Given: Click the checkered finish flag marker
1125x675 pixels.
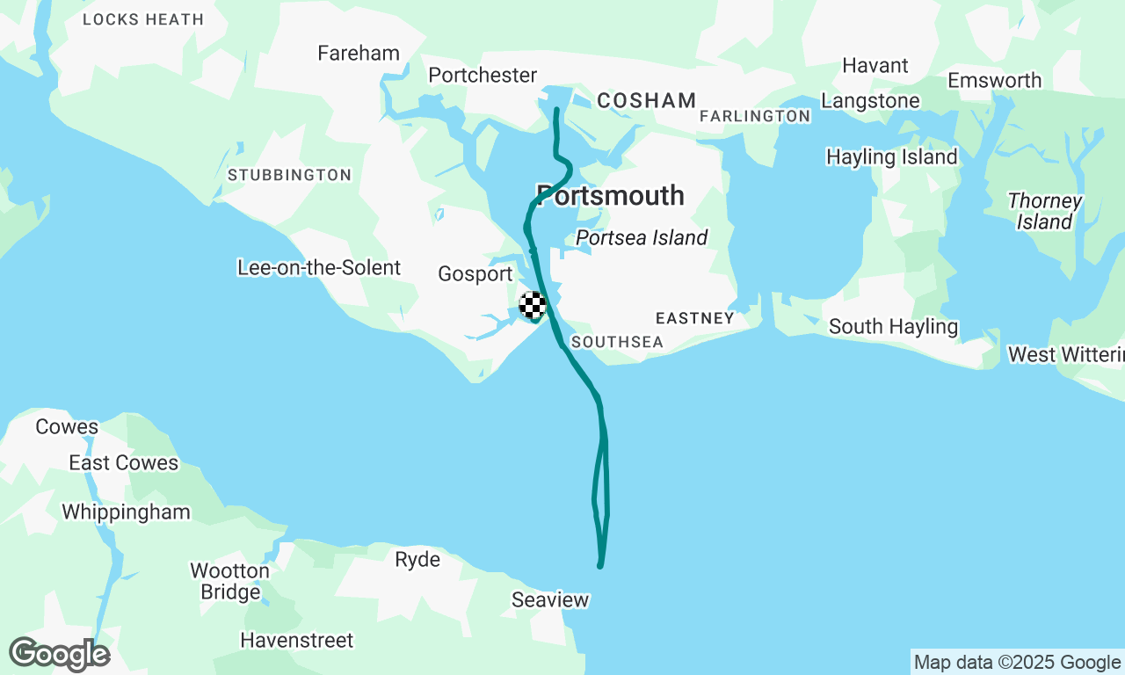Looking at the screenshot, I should click(x=533, y=305).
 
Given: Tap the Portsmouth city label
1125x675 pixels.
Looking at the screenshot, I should click(x=610, y=196).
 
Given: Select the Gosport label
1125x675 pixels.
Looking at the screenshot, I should click(x=475, y=274).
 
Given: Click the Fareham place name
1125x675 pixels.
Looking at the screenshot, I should click(x=359, y=54).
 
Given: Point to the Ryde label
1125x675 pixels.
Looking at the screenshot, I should click(x=417, y=560).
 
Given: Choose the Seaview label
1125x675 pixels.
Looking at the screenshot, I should click(x=550, y=600).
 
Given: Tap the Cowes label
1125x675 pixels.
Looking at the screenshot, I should click(x=67, y=427).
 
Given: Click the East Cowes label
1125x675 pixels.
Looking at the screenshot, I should click(x=123, y=463).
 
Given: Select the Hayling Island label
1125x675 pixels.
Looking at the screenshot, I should click(x=891, y=157).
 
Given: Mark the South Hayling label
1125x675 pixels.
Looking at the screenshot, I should click(x=893, y=327).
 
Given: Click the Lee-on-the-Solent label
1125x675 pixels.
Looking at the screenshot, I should click(x=319, y=268).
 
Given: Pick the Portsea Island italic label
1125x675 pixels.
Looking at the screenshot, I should click(x=642, y=238).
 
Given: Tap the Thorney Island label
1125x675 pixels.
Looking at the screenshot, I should click(x=1045, y=212).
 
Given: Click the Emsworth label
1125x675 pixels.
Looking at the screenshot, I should click(x=994, y=81).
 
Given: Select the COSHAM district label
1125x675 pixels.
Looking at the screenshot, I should click(x=646, y=101).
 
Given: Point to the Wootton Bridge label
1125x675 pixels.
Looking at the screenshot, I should click(x=229, y=581).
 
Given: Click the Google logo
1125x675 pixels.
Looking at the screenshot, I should click(x=59, y=655).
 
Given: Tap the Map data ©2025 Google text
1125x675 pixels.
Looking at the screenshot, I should click(x=1017, y=662).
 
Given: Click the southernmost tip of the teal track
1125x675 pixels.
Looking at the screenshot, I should click(x=600, y=566).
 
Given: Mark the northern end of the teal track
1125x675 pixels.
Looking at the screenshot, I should click(x=556, y=109).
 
